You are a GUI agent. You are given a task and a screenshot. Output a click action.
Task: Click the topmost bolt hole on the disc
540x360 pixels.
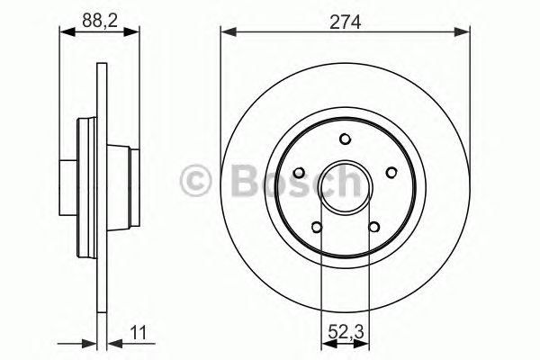tap(346, 138)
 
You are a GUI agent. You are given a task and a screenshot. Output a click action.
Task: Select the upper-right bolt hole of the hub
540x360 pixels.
tap(391, 172)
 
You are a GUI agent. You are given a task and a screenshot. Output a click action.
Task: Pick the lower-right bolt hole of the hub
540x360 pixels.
tap(373, 226)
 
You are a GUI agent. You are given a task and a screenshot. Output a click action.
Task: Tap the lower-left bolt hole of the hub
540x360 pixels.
tap(318, 226)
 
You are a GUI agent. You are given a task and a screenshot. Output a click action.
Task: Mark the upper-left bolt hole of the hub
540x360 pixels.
tap(301, 172)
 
